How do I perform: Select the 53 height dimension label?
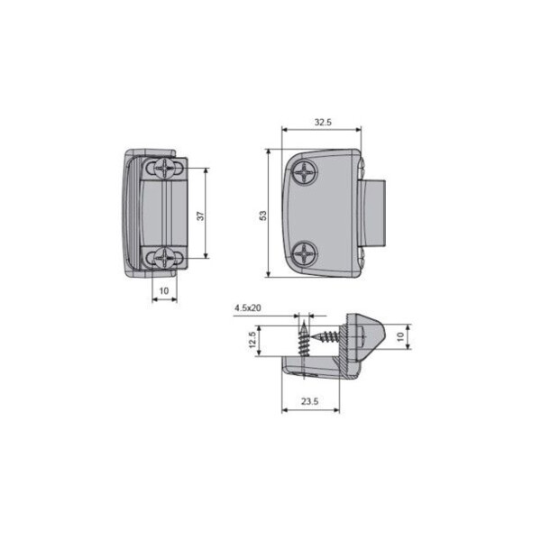click(x=262, y=215)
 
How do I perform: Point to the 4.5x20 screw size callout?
click(x=247, y=308)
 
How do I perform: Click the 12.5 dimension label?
click(x=252, y=340)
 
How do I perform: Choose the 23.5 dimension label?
click(x=310, y=403)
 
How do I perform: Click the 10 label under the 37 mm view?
click(x=163, y=289)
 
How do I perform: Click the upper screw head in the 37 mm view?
click(x=163, y=168)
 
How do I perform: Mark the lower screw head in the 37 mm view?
click(x=163, y=257)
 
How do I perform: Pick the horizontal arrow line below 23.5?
click(x=310, y=411)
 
